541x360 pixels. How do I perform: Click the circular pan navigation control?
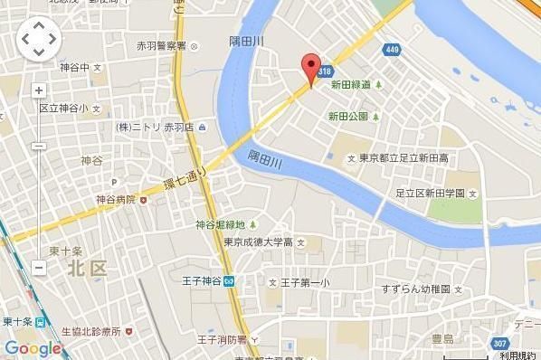click(39, 39)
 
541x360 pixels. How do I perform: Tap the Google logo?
click(33, 348)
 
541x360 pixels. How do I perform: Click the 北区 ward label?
click(87, 268)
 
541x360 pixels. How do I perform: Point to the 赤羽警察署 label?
click(162, 45)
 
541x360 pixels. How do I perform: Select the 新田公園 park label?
click(348, 117)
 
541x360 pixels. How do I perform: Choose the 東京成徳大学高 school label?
click(258, 242)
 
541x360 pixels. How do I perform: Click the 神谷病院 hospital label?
click(115, 199)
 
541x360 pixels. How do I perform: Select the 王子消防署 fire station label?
click(217, 339)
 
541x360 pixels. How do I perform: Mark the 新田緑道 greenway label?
click(350, 85)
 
